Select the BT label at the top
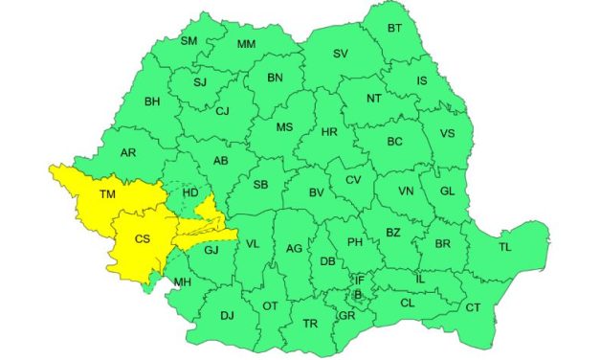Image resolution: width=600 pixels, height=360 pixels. point(394,30)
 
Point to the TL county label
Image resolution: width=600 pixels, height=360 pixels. point(506,247)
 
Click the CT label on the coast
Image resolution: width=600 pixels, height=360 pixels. point(473,307)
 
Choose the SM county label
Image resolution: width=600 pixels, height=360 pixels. point(189,40)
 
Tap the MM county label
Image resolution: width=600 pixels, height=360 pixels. point(246,44)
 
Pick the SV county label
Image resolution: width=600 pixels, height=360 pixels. point(340,54)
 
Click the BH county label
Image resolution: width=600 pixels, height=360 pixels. point(152,101)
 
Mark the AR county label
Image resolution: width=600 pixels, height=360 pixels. point(129,152)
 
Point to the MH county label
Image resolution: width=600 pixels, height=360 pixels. point(182,281)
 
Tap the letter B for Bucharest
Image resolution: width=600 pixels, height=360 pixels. point(358,295)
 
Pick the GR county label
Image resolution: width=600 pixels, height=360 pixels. point(346,315)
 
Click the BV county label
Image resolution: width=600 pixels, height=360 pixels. point(318,192)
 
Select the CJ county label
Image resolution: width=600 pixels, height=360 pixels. point(222,111)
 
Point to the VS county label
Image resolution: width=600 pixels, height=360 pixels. point(447,133)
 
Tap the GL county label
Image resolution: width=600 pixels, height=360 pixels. point(447,191)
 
